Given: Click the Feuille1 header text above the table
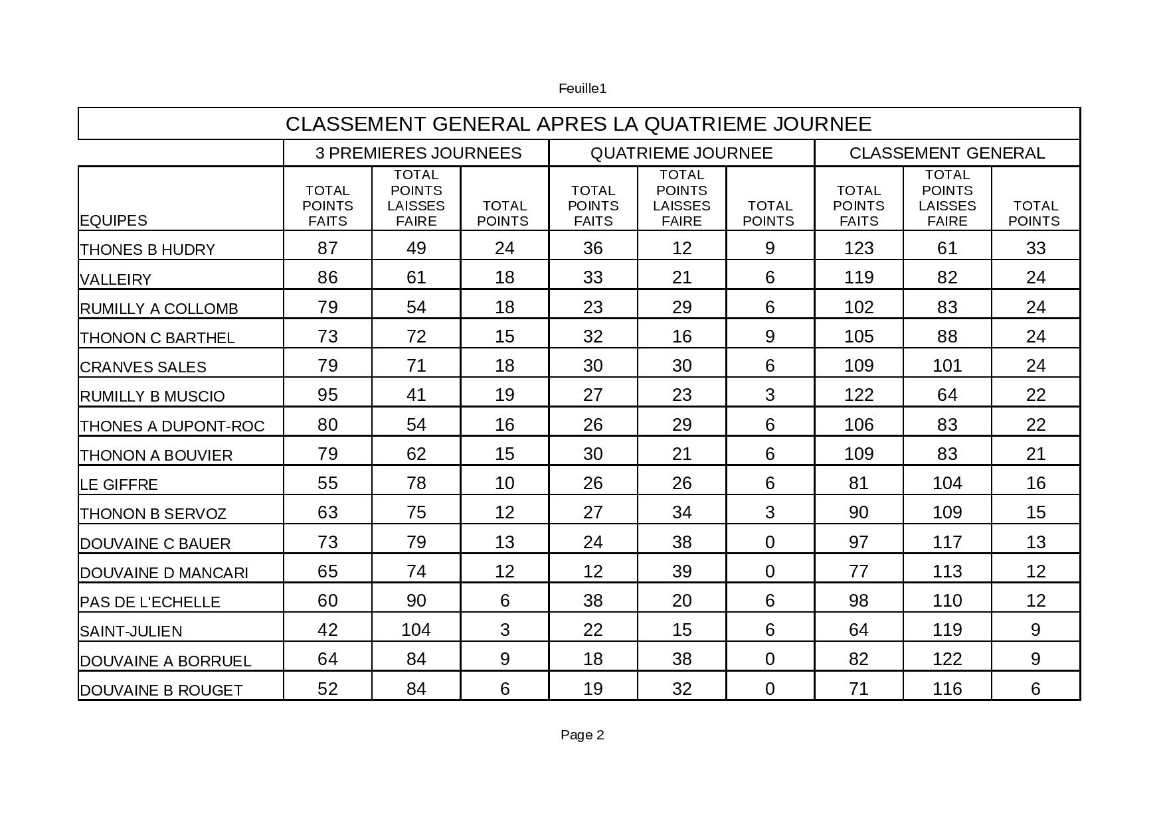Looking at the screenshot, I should click(x=582, y=88).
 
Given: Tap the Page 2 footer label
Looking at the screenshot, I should click(x=582, y=735).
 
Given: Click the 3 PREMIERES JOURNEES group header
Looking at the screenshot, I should click(x=418, y=153).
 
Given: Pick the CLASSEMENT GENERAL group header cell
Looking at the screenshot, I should click(x=946, y=153).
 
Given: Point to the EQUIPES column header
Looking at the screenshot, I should click(x=114, y=220).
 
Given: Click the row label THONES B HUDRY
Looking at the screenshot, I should click(x=147, y=250).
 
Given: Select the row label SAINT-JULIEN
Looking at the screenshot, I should click(x=131, y=631).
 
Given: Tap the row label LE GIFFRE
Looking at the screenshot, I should click(x=119, y=485).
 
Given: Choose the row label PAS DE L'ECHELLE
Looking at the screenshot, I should click(x=149, y=602).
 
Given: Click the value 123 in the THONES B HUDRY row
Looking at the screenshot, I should click(x=858, y=248).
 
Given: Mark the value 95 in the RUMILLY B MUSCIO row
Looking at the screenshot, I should click(x=327, y=395).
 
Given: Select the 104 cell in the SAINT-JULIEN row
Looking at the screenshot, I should click(x=416, y=629).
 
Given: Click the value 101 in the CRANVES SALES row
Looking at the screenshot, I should click(x=946, y=366).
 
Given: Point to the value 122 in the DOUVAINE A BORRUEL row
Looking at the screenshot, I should click(x=946, y=659).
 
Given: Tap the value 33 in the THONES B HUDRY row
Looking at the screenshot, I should click(x=1035, y=248).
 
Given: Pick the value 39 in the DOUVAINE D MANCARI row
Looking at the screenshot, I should click(x=681, y=571).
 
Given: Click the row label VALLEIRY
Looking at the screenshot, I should click(x=116, y=279).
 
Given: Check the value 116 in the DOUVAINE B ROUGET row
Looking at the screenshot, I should click(x=946, y=689).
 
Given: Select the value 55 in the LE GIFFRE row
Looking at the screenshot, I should click(x=327, y=483).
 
